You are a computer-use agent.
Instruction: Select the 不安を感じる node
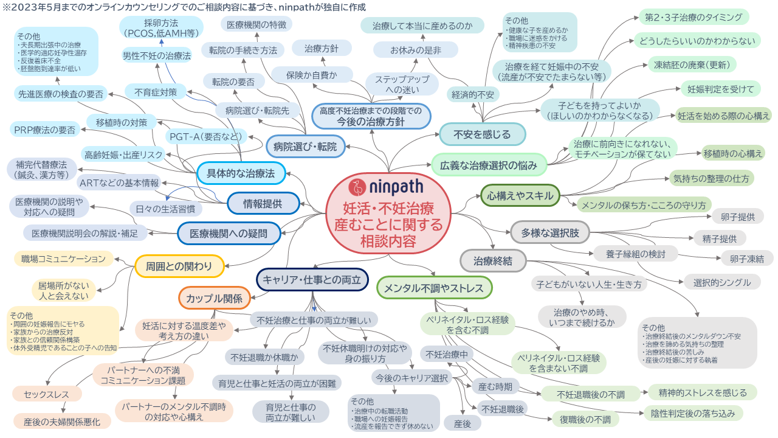tap(482, 134)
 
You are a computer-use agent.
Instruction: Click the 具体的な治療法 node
tap(241, 173)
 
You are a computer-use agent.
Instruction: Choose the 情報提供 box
tap(263, 203)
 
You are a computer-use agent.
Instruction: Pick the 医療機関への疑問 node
tap(228, 233)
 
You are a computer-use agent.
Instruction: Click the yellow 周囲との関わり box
tap(179, 266)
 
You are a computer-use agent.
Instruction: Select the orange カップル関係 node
tap(214, 298)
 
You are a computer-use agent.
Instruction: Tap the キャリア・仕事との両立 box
tap(312, 280)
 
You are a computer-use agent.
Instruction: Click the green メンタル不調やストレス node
tap(434, 287)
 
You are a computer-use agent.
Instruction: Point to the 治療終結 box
tap(492, 262)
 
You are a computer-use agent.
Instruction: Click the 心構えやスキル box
tap(520, 195)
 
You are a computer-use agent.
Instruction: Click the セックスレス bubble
tap(47, 395)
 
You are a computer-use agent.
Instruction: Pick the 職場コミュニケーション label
tap(63, 259)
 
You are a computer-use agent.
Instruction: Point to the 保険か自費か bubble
tap(312, 74)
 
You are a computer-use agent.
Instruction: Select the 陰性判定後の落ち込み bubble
tap(693, 414)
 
